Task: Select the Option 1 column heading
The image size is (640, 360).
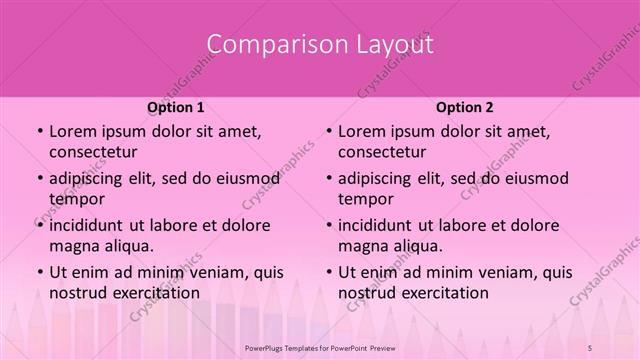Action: pos(176,107)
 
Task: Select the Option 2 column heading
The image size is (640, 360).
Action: pos(464,107)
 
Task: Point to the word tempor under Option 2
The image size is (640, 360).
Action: pos(363,198)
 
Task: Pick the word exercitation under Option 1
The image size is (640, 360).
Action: pos(150,292)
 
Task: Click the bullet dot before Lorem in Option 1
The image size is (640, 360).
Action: pos(39,132)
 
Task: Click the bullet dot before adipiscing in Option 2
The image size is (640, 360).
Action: pos(328,179)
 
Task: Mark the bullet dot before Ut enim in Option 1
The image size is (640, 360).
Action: pos(39,272)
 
